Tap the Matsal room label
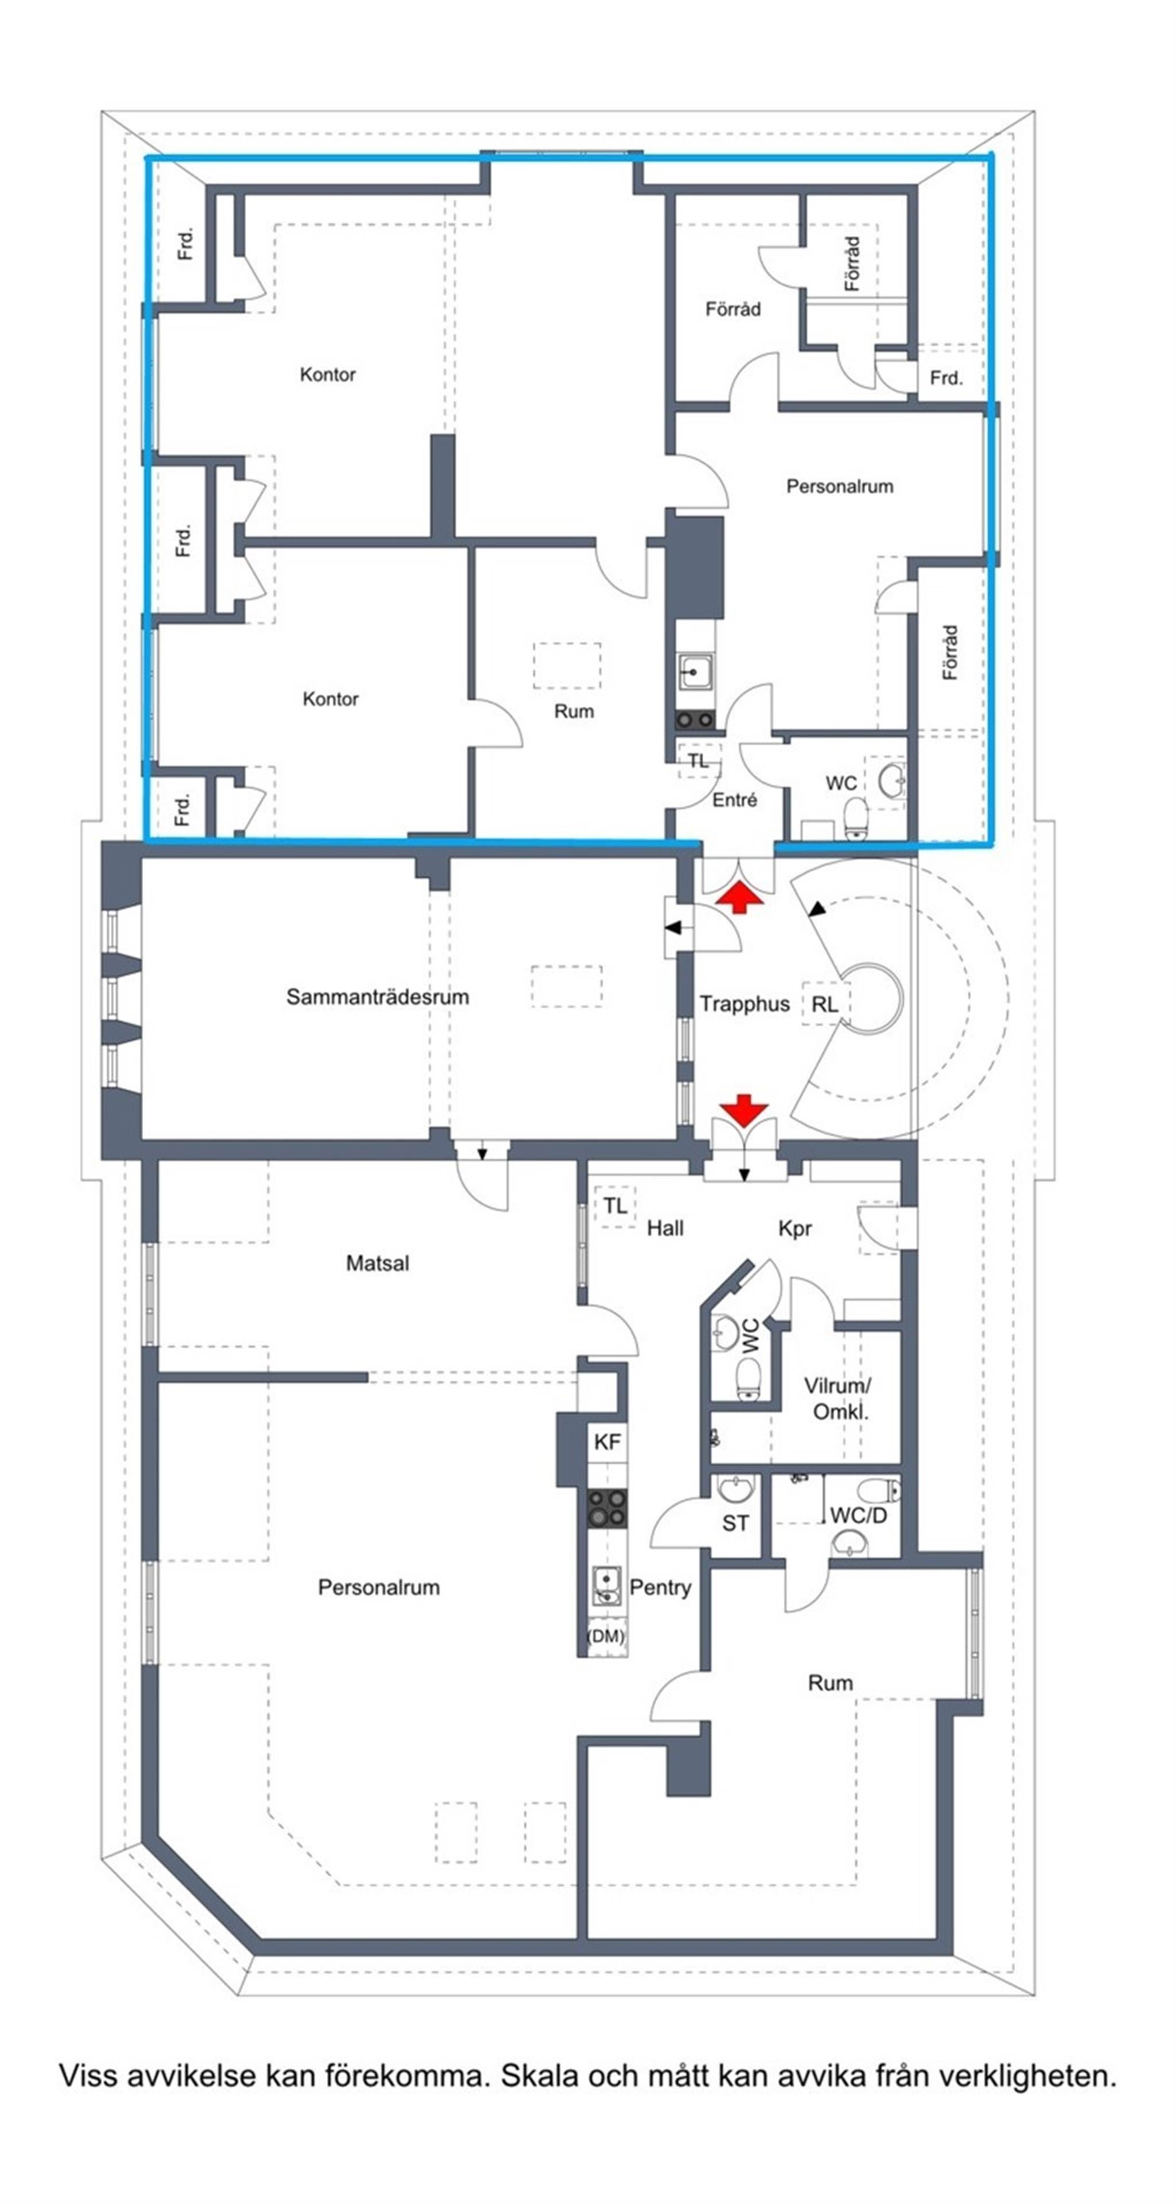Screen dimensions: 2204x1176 click(377, 1263)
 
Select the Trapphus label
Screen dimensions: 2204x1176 click(744, 1003)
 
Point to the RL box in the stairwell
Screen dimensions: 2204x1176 click(824, 1004)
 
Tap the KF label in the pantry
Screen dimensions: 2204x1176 click(607, 1442)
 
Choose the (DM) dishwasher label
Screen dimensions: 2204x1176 click(605, 1635)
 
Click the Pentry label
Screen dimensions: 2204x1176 click(660, 1587)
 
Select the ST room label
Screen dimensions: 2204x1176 click(735, 1523)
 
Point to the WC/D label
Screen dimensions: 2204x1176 click(858, 1515)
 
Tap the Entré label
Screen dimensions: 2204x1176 click(735, 800)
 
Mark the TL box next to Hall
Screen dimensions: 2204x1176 click(615, 1206)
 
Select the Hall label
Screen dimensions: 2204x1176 click(665, 1228)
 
